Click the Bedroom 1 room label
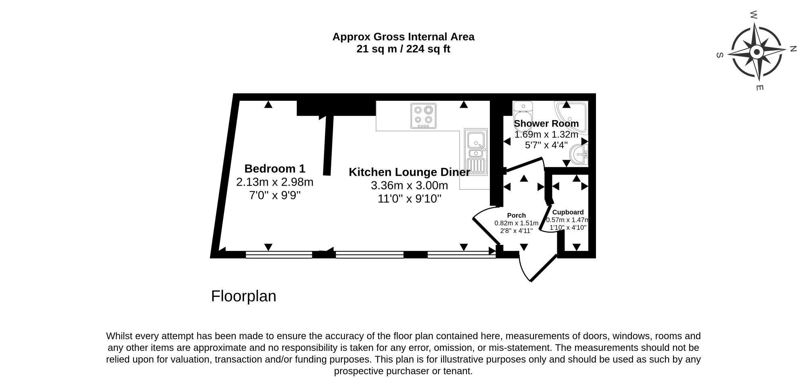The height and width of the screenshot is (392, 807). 275,169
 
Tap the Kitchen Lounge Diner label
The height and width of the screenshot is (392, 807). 409,172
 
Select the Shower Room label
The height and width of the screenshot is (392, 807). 546,123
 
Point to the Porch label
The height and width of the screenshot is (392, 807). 516,215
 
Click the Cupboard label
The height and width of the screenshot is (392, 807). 568,212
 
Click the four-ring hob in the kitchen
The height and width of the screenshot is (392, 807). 423,116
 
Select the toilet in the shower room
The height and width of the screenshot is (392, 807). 523,112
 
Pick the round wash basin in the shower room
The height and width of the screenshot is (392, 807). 579,155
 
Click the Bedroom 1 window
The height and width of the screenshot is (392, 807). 279,254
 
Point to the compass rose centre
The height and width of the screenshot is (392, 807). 757,52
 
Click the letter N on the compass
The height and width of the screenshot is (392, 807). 793,49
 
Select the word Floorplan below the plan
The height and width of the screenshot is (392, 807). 244,296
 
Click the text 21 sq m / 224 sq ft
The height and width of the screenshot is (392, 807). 403,49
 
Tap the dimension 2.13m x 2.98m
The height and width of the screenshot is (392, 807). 275,182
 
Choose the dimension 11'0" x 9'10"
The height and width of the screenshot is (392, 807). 410,199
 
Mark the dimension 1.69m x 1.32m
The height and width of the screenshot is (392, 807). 546,134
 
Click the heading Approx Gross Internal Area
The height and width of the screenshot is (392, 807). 403,37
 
